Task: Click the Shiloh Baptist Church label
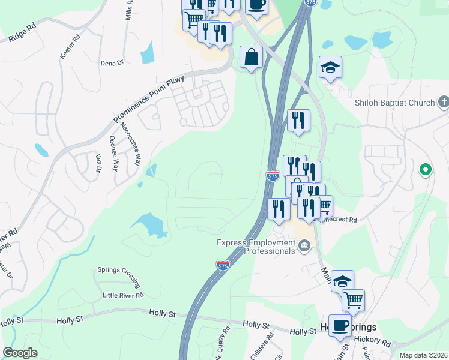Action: coord(394,103)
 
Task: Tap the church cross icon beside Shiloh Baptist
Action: coord(444,102)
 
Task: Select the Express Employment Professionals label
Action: coord(257,246)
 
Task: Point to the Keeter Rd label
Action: coord(70,48)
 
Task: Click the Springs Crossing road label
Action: coord(119,277)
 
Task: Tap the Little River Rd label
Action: coord(123,295)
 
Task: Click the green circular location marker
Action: coord(426,170)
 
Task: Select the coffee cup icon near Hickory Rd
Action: coord(340,325)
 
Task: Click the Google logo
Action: coord(20,353)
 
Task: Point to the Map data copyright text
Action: coord(424,355)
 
